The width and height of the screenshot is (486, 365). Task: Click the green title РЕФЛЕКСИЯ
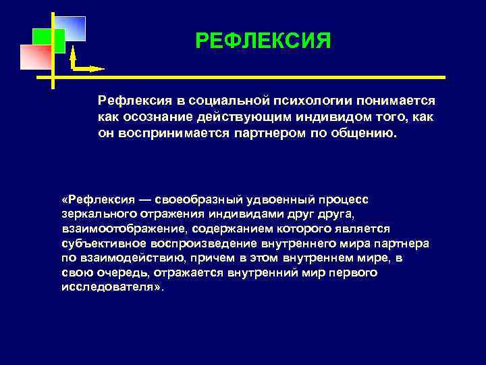263,42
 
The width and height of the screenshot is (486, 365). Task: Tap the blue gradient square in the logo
73,27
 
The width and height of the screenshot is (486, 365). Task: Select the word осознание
150,116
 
